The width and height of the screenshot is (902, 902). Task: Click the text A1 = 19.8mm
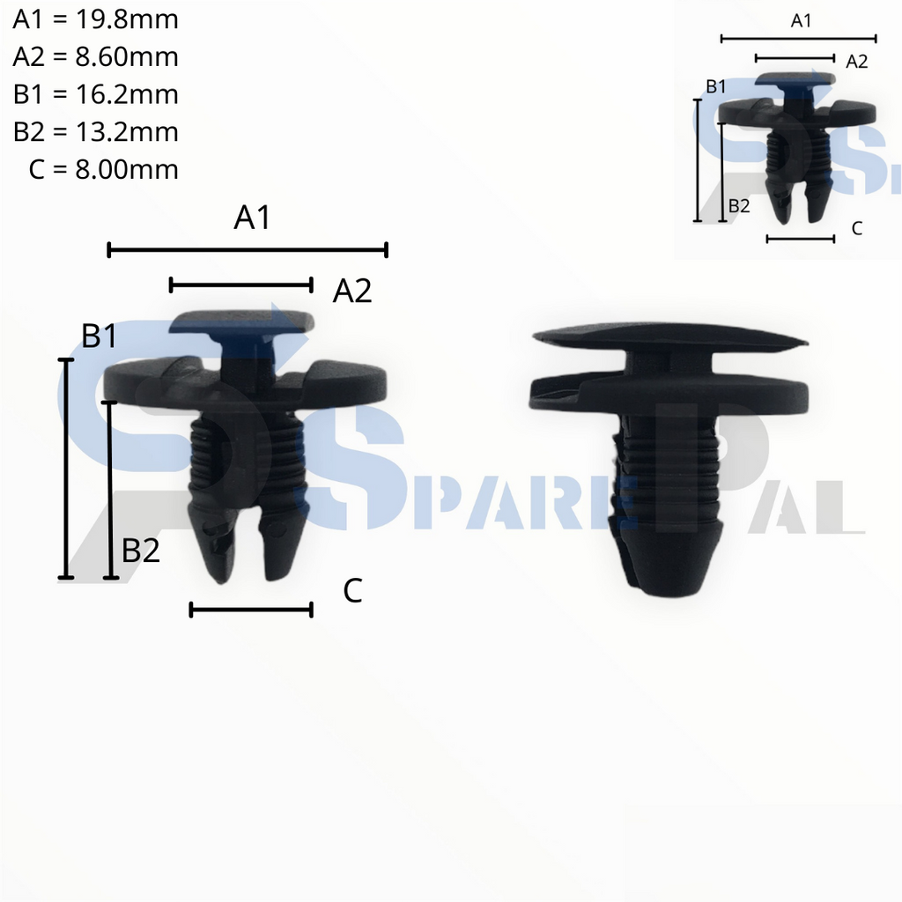click(95, 19)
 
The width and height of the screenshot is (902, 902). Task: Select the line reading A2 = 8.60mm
click(95, 57)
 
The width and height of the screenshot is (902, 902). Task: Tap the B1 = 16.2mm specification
click(95, 94)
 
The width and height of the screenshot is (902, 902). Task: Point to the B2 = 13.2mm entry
click(95, 132)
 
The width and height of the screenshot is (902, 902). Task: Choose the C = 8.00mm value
click(103, 169)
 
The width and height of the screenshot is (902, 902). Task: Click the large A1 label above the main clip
click(252, 218)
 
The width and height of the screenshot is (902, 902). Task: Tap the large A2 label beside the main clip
click(351, 292)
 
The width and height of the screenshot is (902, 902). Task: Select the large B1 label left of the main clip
click(99, 336)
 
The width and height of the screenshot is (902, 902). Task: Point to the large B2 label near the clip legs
click(141, 551)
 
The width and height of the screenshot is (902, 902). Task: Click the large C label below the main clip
click(352, 591)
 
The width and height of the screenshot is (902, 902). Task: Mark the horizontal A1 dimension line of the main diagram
click(248, 250)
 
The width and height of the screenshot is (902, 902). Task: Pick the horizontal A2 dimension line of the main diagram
click(241, 284)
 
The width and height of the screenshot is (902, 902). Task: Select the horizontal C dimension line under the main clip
click(251, 609)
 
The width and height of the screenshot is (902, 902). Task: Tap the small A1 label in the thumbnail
click(801, 21)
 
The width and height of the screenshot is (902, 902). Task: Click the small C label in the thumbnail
click(856, 228)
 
